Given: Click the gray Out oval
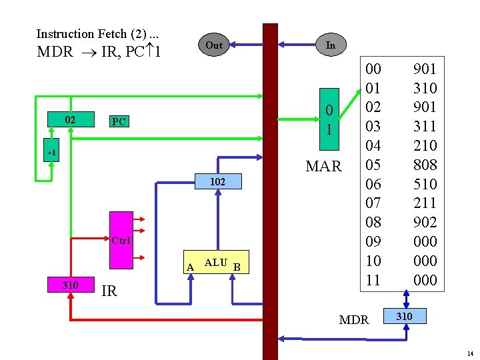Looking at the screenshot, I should point(214,45).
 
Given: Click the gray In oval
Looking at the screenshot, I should point(330,45).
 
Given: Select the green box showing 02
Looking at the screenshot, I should point(69,120).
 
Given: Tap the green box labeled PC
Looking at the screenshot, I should point(119,122).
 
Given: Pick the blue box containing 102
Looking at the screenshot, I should point(217,181).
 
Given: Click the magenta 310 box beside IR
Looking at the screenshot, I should point(70,285).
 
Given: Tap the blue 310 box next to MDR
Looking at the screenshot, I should point(405,316).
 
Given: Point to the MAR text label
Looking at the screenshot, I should point(323,166).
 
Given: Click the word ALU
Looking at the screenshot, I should point(215,263).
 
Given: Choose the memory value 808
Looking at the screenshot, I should point(425,164).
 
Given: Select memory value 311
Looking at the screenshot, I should point(425,126).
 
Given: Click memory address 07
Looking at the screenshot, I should point(374,203).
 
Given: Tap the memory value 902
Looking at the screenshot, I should point(425,222).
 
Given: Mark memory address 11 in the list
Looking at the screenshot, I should point(374,280).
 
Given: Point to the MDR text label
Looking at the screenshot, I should point(354,320).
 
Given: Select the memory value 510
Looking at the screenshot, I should point(425,183).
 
